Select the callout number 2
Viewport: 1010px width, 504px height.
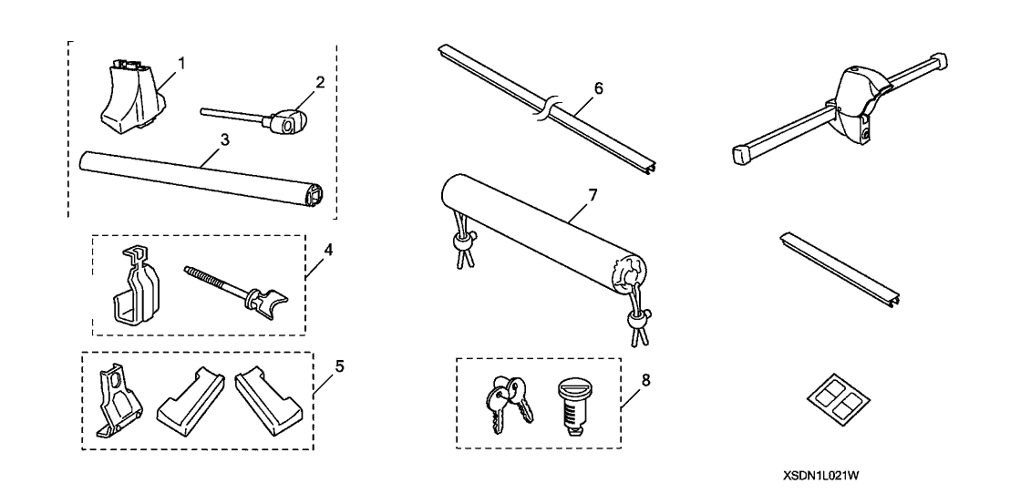coord(320,82)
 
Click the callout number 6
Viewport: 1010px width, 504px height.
coord(598,88)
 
